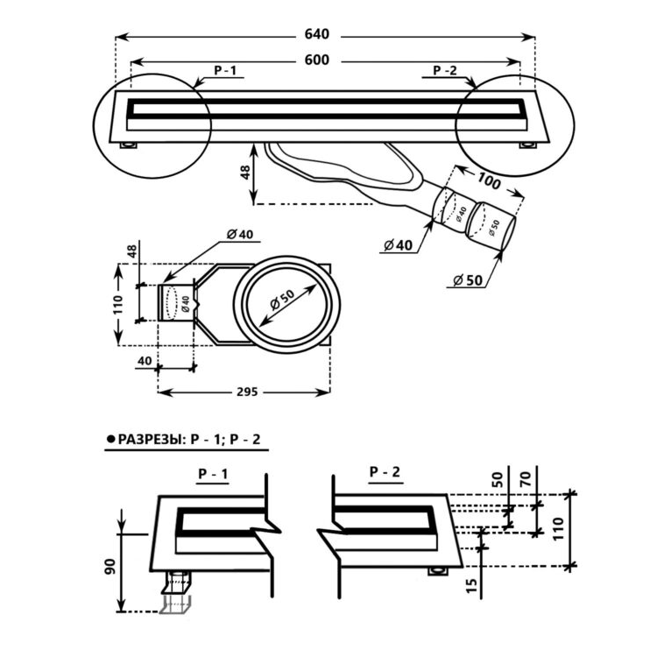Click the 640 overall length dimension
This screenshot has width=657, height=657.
(x=317, y=34)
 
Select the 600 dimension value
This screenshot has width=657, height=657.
(x=317, y=60)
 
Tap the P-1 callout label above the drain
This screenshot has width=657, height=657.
(x=225, y=70)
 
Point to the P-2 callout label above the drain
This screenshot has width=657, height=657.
(x=445, y=70)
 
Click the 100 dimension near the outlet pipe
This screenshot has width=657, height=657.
(x=489, y=181)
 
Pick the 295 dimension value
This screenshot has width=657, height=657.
(x=247, y=392)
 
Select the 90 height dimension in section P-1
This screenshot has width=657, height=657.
(x=109, y=566)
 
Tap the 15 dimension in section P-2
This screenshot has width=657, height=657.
(x=472, y=585)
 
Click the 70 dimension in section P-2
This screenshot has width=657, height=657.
(x=526, y=478)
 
